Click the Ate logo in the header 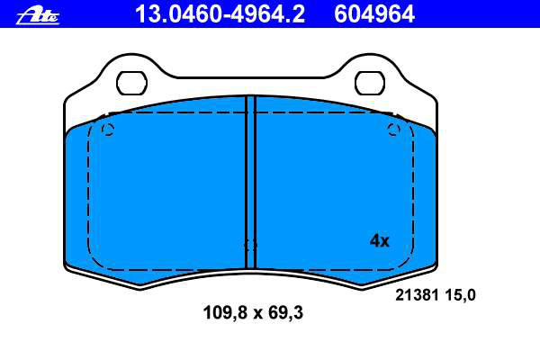coord(38,16)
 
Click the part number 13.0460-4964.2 coord(220,14)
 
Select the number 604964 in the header coord(374,14)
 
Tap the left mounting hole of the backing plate coord(131,83)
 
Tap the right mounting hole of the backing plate coord(370,83)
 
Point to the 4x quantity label coord(379,240)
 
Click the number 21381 coord(417,295)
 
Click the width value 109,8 coord(225,313)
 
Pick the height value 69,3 coord(285,313)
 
